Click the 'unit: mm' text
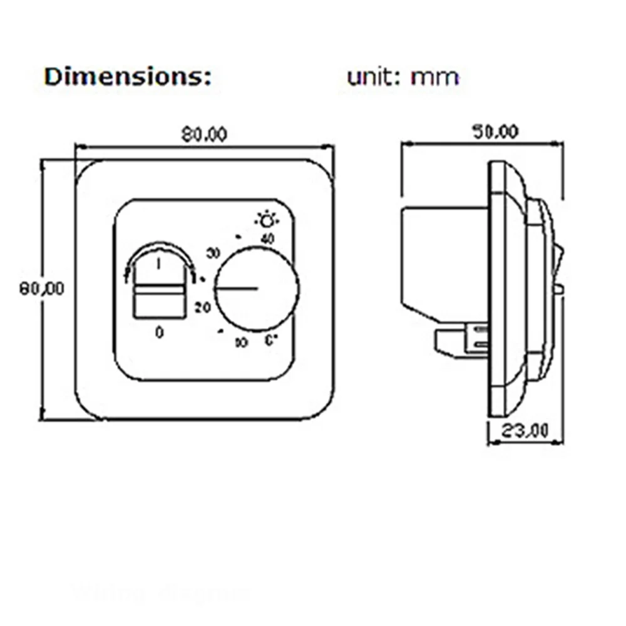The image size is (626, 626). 403,78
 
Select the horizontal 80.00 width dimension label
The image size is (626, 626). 204,135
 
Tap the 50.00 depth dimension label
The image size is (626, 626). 495,131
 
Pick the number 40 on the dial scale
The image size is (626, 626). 267,239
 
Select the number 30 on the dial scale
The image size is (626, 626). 213,254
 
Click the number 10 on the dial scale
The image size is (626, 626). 241,342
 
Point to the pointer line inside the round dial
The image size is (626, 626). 237,289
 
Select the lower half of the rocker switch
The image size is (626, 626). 159,304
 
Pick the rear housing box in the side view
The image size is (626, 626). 444,263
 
